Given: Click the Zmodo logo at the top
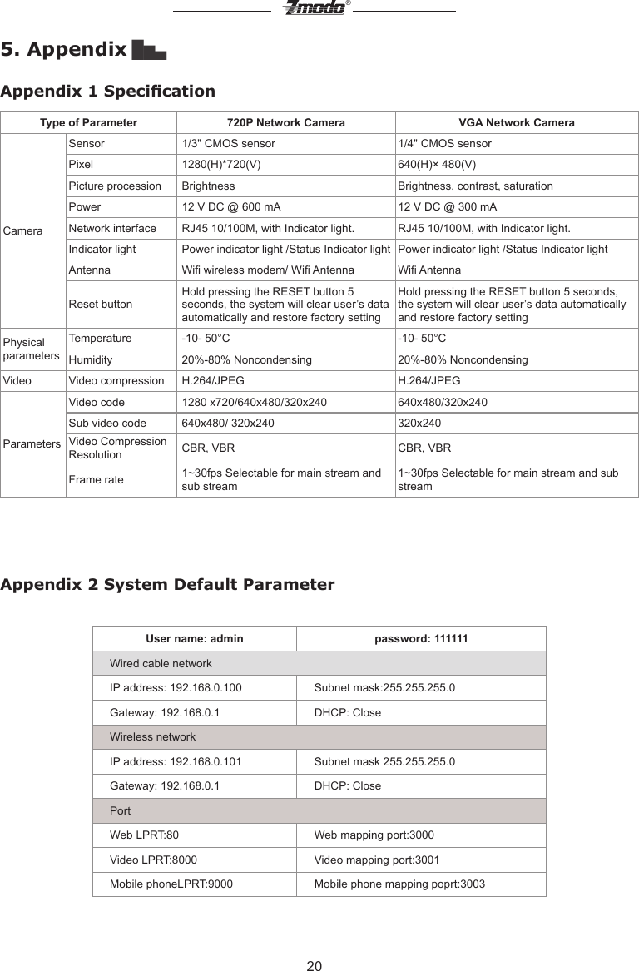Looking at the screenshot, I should [x=314, y=8].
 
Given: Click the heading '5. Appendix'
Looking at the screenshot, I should [x=64, y=49].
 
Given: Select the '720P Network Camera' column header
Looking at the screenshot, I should [x=286, y=123].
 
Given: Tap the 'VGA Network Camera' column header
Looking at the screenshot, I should [x=517, y=123].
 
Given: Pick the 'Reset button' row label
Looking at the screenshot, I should [x=100, y=305].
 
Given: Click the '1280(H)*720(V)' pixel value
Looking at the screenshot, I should [x=221, y=165].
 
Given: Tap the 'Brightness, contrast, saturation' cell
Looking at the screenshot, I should [x=475, y=186].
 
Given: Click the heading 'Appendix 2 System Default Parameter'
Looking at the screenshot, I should [x=168, y=584].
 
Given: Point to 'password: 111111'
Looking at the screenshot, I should [x=421, y=639].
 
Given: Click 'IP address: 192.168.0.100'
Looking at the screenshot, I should [x=176, y=688].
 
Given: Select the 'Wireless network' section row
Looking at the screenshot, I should [x=153, y=737].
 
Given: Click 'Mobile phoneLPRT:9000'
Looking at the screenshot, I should [x=171, y=884].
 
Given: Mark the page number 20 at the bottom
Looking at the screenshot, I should [x=314, y=965].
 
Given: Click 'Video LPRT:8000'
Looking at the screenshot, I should [x=154, y=860].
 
